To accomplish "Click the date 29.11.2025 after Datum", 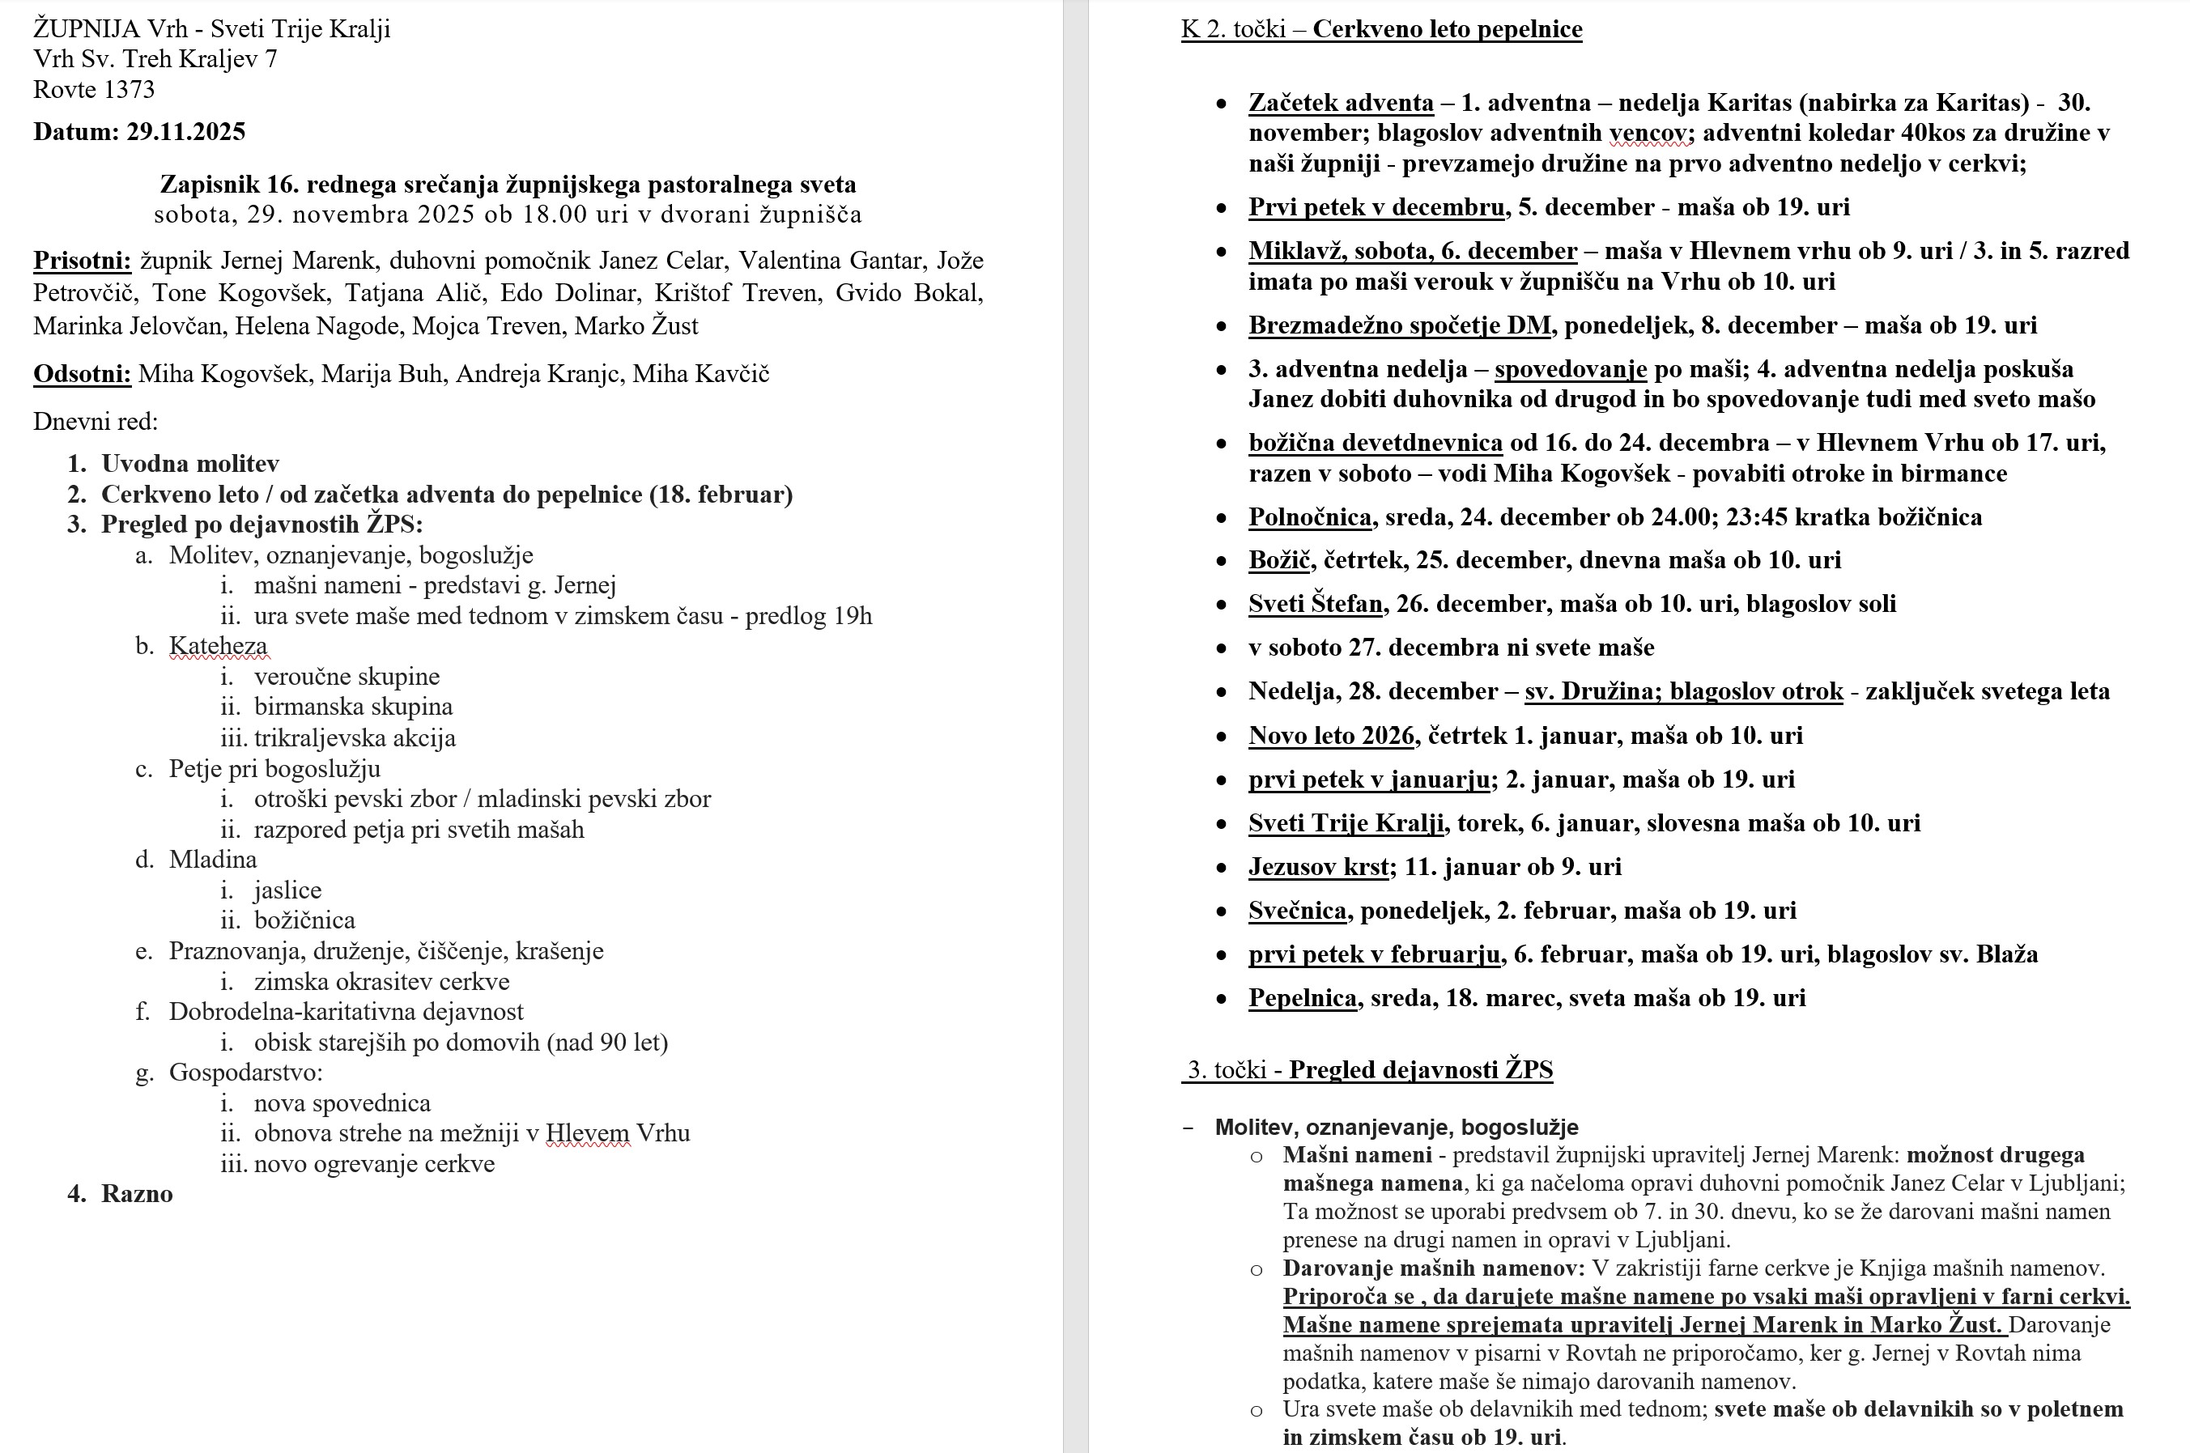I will tap(185, 132).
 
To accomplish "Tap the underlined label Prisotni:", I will tap(83, 261).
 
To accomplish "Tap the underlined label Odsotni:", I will tap(83, 373).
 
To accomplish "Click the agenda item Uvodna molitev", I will tap(190, 463).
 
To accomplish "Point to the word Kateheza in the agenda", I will tap(218, 646).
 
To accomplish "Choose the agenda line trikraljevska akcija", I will tap(355, 737).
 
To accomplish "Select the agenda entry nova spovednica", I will tap(342, 1102).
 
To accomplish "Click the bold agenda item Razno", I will tap(137, 1193).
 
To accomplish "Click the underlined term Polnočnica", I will tap(1310, 517).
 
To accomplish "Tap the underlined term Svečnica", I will tap(1296, 910).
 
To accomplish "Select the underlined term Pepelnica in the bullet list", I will tap(1302, 998).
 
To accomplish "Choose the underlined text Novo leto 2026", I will tap(1331, 736).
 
